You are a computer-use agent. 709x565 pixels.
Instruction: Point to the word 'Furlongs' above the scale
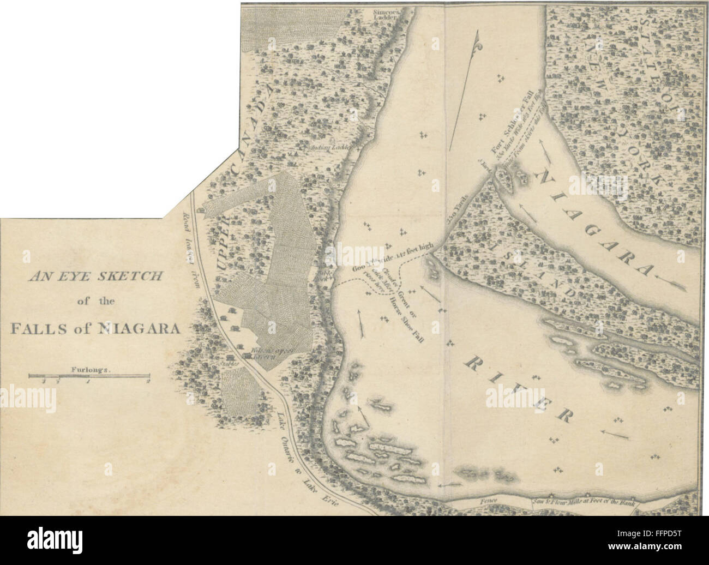91,370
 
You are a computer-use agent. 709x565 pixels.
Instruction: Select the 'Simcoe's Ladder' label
390,14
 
